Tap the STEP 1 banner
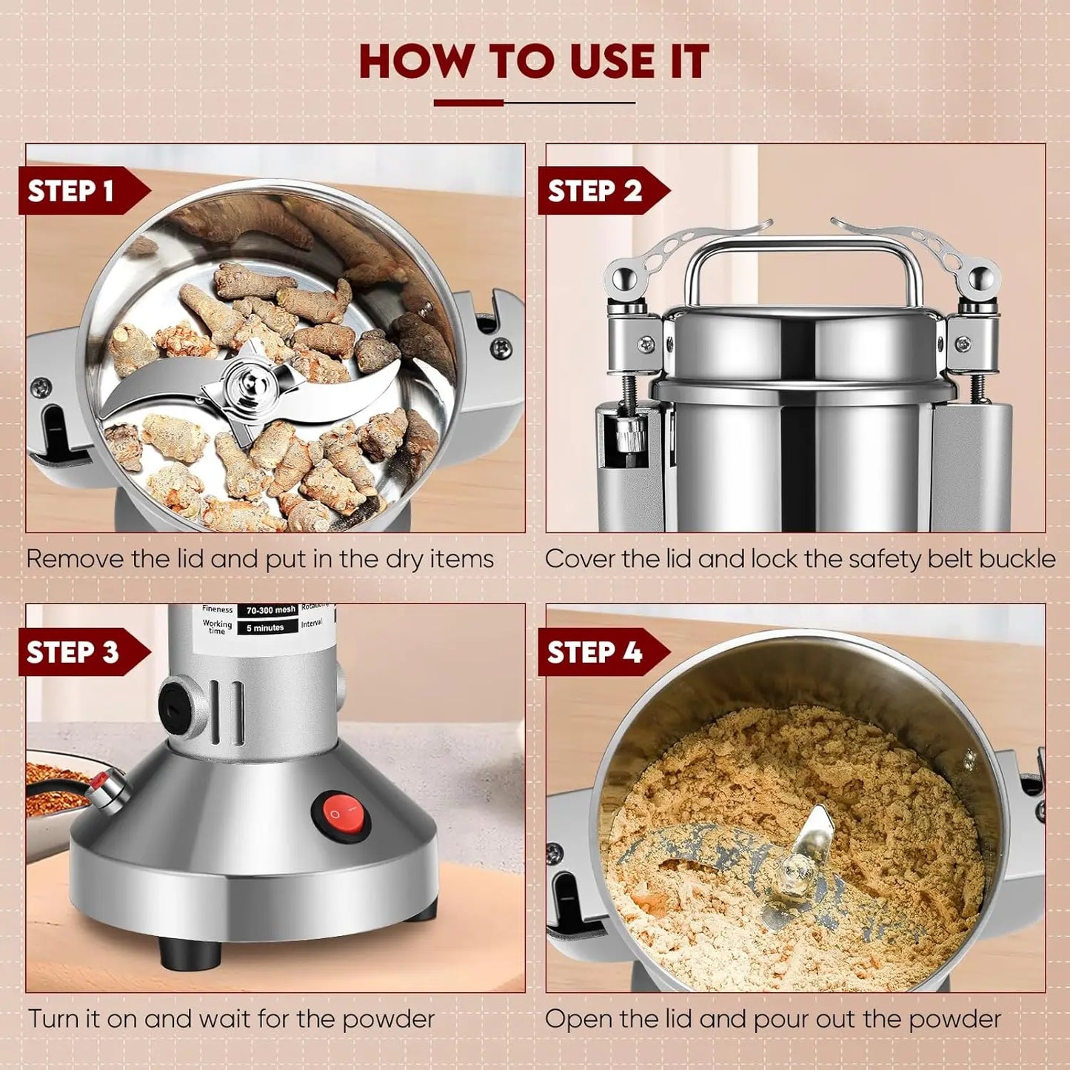coord(72,191)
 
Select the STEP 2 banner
coord(595,191)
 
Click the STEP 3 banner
coord(73,652)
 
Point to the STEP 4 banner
coord(595,652)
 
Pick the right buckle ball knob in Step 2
coord(982,279)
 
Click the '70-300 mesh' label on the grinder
coord(271,611)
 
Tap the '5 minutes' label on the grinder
coord(265,628)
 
